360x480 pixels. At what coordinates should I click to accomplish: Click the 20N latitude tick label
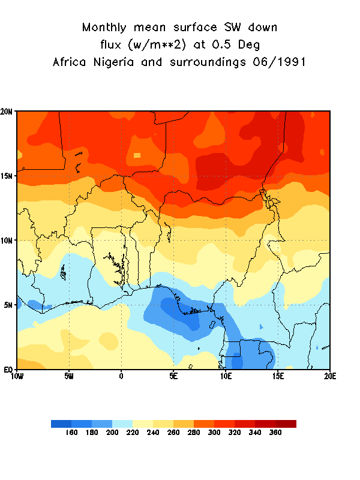(x=8, y=112)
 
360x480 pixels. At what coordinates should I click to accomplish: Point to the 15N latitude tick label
(x=8, y=176)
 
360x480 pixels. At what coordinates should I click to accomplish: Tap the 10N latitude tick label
(x=8, y=241)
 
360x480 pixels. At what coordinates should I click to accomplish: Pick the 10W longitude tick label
(x=17, y=376)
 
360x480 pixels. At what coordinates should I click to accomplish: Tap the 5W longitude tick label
(x=69, y=376)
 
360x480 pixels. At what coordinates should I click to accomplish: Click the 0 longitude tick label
(x=121, y=376)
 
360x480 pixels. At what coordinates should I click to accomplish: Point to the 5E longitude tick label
(x=173, y=376)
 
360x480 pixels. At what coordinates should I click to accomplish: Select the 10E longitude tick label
(x=226, y=376)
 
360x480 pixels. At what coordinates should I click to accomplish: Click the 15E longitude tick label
(x=278, y=376)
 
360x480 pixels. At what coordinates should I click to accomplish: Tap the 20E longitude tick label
(x=329, y=376)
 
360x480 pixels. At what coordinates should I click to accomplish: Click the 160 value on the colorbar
(x=71, y=432)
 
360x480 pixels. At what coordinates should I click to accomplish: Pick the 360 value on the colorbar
(x=275, y=432)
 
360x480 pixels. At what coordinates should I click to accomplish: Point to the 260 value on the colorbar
(x=173, y=432)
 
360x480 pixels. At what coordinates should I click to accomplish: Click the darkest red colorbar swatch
(x=286, y=424)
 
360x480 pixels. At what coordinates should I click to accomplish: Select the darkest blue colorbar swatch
(x=61, y=424)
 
